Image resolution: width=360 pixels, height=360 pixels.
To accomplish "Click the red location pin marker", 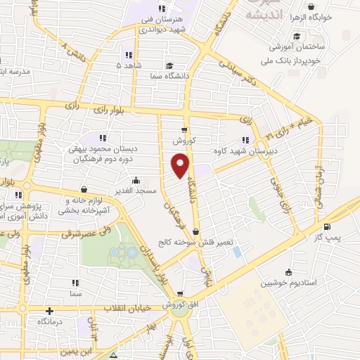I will click(x=181, y=166).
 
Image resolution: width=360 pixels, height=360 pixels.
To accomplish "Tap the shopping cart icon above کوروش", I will click(x=184, y=129).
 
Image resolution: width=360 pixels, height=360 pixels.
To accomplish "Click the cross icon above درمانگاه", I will click(x=49, y=311).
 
